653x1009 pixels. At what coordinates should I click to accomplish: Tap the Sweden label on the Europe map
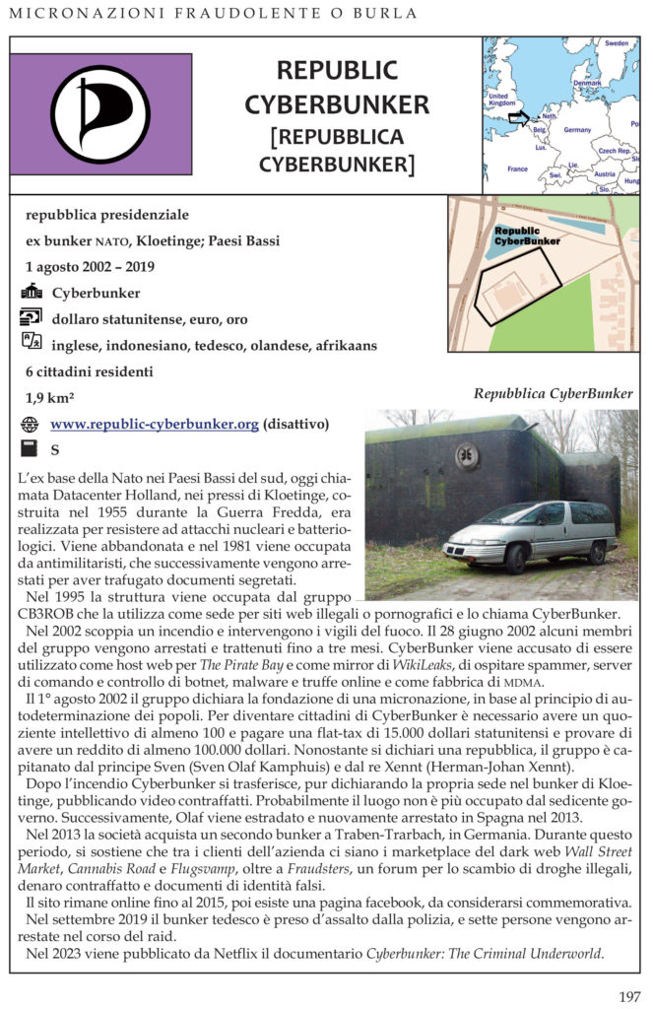tap(617, 43)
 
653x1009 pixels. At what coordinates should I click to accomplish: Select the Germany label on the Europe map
tap(577, 130)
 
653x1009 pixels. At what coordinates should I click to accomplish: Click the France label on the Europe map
tap(517, 168)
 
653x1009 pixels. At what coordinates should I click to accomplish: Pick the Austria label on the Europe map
tap(605, 173)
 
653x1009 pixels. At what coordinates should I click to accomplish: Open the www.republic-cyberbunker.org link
tap(155, 424)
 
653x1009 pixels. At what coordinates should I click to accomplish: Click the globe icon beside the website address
tap(31, 425)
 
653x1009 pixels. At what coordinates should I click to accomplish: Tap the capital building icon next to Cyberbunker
tap(31, 293)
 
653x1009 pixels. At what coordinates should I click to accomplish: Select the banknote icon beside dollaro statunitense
tap(31, 318)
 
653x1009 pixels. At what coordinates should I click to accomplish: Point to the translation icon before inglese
tap(31, 344)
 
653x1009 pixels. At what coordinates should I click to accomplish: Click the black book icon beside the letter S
tap(31, 450)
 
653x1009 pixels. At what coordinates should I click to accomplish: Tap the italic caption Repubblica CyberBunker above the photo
tap(553, 394)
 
